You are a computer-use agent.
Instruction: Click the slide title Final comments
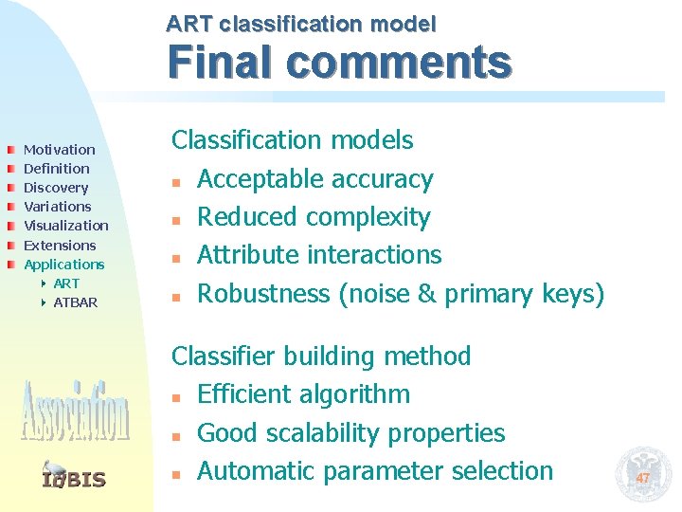click(339, 64)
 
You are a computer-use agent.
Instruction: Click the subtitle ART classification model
click(301, 24)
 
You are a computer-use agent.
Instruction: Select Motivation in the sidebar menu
click(59, 150)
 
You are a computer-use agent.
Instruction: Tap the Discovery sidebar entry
click(55, 188)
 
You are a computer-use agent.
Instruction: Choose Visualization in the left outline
click(65, 226)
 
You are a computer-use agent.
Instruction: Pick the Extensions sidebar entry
click(60, 245)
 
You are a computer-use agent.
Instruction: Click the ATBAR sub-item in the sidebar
click(75, 302)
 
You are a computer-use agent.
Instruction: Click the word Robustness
click(263, 294)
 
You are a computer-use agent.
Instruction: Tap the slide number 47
click(642, 478)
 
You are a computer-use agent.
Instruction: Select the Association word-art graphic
click(74, 411)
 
